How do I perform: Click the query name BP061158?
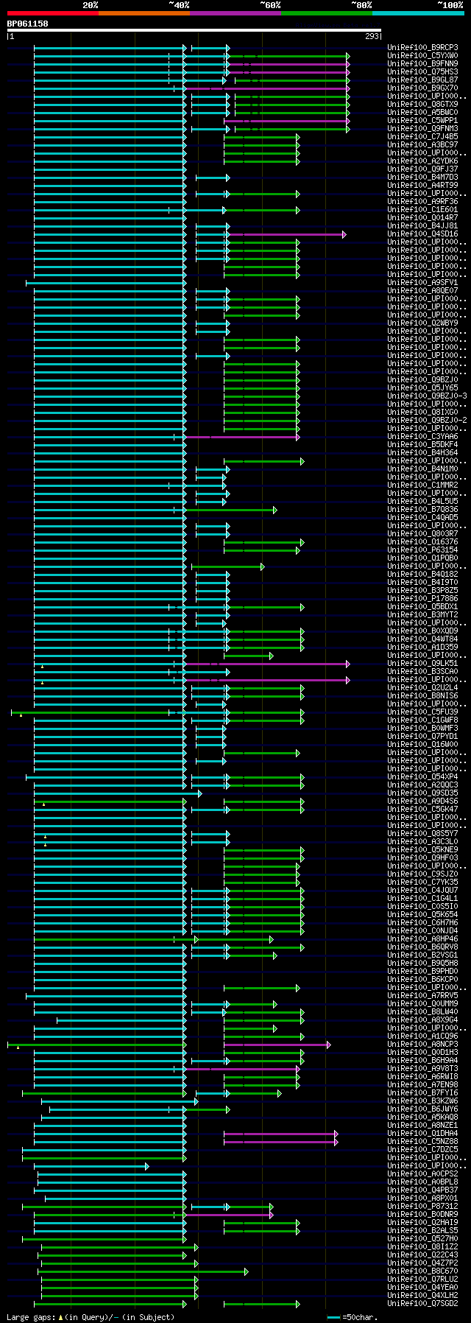[x=27, y=24]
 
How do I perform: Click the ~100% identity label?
[x=450, y=5]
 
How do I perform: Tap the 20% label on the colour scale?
[x=90, y=5]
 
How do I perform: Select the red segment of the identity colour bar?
[x=52, y=13]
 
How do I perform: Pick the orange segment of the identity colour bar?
[x=144, y=13]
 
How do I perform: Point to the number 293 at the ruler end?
[x=372, y=36]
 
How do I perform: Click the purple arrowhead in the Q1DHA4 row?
[x=336, y=1134]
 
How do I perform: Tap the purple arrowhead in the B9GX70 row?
[x=348, y=88]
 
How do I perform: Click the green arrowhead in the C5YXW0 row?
[x=348, y=56]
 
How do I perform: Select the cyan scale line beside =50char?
[x=334, y=1317]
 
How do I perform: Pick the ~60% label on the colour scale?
[x=270, y=5]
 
